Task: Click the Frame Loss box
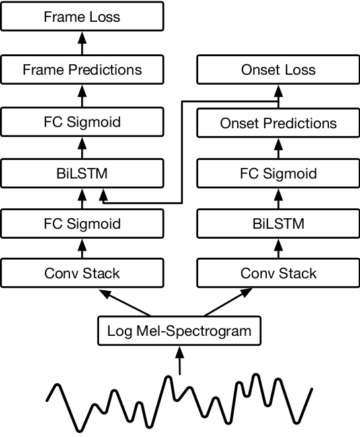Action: point(82,16)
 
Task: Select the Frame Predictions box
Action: point(82,69)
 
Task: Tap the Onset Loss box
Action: point(278,69)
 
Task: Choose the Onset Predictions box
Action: point(278,123)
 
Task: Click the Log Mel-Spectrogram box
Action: point(179,331)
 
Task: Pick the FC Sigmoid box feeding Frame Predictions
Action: point(82,122)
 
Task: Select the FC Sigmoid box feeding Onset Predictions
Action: point(278,173)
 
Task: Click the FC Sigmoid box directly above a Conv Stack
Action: point(82,223)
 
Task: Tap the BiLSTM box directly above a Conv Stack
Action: point(278,223)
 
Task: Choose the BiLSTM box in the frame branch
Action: point(82,173)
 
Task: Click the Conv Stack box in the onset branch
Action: point(278,273)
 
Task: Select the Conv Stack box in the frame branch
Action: point(82,273)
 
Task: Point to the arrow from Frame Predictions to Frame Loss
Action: point(82,43)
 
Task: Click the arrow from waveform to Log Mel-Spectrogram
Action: point(180,360)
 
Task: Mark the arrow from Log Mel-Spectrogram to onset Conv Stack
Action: point(229,302)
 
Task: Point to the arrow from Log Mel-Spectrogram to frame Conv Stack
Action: point(125,303)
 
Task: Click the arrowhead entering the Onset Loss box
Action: point(279,91)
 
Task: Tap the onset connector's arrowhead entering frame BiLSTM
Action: point(103,195)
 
